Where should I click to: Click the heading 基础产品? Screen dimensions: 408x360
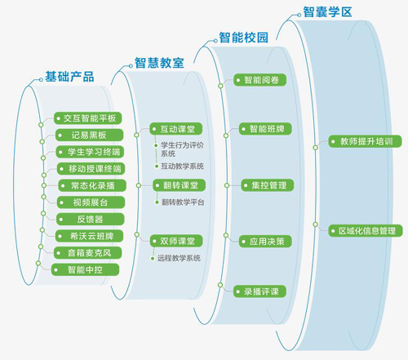coord(69,77)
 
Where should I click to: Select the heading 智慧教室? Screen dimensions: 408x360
coord(159,63)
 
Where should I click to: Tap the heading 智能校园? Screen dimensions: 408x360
coord(244,38)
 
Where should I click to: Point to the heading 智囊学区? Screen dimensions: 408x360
coord(327,12)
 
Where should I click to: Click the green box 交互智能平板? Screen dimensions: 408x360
coord(87,118)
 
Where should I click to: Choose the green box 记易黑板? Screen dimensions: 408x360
coord(89,135)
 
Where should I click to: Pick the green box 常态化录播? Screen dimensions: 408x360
coord(92,185)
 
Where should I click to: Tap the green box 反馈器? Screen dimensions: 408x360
coord(91,220)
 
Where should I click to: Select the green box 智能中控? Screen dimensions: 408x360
coord(85,269)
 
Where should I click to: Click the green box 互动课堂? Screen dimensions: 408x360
coord(176,129)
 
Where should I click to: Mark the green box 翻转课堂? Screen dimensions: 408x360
coord(179,185)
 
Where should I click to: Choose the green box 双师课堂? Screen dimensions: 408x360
coord(176,241)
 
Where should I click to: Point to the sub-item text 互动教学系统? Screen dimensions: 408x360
coord(183,166)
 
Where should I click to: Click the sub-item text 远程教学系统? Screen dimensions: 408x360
coord(179,258)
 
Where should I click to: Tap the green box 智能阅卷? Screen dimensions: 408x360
coord(260,80)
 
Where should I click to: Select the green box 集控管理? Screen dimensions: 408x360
coord(268,185)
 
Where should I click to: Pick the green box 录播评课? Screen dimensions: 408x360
coord(259,291)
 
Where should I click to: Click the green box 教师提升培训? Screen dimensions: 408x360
coord(365,141)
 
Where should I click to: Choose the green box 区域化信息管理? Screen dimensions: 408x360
coord(366,231)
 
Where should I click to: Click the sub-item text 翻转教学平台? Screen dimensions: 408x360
coord(183,202)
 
